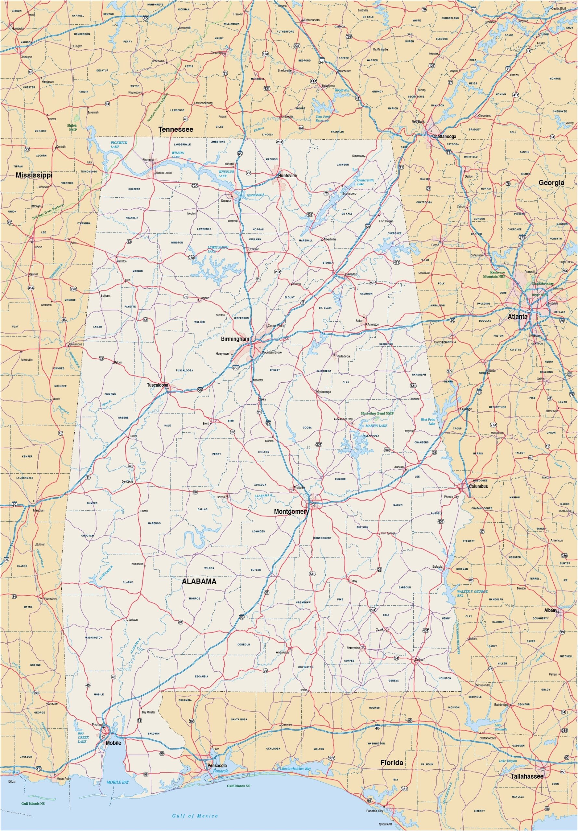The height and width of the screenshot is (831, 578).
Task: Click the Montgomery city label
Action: coord(291,512)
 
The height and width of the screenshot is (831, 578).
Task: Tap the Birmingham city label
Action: coord(235,339)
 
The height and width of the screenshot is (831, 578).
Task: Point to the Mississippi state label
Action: coord(34,175)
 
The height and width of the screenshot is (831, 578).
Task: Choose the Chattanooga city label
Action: coord(444,136)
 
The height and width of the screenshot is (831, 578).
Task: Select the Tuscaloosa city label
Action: coord(157,385)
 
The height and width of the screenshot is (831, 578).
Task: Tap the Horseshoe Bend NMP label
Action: coord(377,413)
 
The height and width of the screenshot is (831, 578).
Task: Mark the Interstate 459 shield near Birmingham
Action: coord(235,367)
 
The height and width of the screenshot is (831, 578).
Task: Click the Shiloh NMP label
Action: coord(72,127)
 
